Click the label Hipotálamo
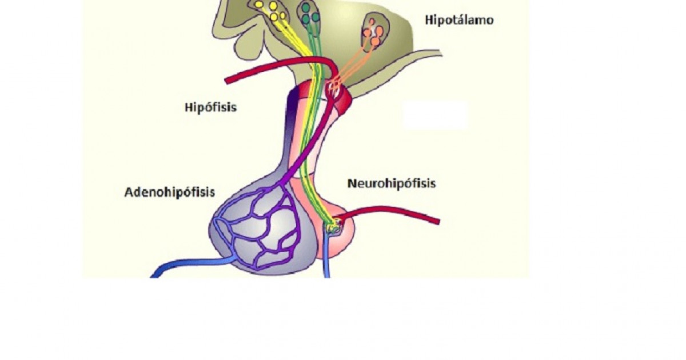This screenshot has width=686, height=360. point(459,20)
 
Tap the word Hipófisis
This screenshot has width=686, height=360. point(211,107)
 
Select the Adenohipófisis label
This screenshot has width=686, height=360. point(170,192)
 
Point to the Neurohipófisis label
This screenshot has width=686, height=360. point(392,183)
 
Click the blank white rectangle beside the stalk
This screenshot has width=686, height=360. point(435,115)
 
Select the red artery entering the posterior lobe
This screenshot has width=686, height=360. point(388,213)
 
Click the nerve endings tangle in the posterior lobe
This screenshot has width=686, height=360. point(334,226)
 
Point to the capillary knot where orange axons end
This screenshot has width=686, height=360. point(334,88)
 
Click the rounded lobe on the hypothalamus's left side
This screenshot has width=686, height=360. point(249,46)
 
